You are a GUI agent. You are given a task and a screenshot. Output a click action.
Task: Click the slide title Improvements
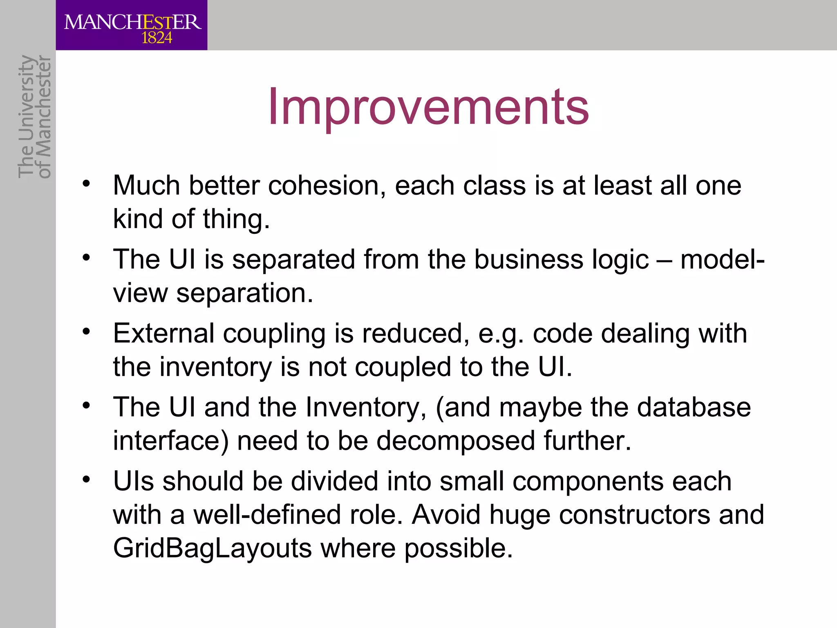(428, 107)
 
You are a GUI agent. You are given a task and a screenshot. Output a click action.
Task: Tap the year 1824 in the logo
(157, 38)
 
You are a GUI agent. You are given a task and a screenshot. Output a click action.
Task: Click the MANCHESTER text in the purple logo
(132, 22)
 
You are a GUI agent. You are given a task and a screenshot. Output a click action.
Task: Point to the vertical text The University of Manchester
(35, 117)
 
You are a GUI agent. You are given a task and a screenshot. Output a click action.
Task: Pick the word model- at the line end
(722, 260)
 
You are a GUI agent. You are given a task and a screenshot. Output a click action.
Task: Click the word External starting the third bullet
(163, 334)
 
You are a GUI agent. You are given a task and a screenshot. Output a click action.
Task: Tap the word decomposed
(455, 441)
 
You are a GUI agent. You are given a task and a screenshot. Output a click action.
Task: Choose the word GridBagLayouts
(213, 548)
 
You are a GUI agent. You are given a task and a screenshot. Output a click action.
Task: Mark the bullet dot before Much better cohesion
(86, 184)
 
